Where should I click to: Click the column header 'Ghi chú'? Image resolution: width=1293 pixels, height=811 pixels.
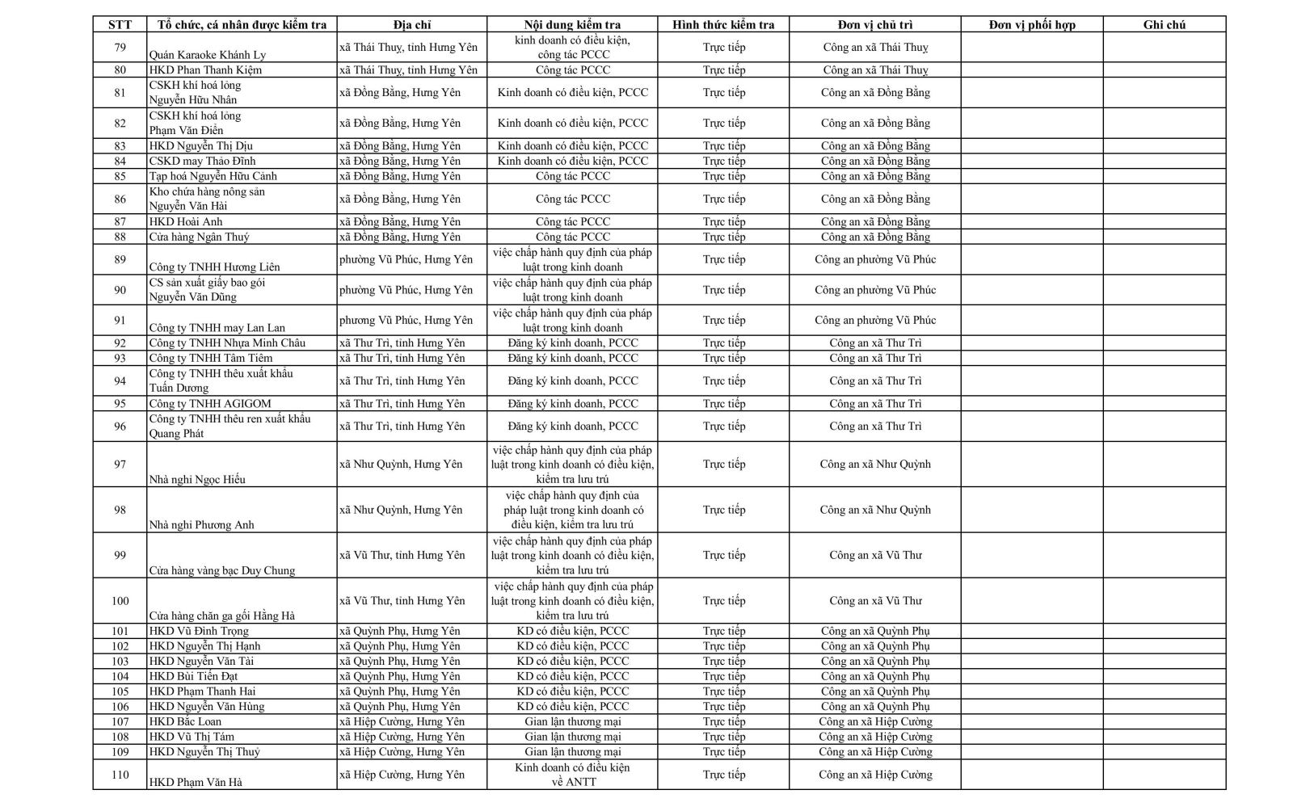point(1164,25)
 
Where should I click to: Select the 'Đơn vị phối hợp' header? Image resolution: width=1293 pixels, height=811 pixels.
point(1032,25)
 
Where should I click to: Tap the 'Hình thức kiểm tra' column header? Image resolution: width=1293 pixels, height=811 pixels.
point(723,25)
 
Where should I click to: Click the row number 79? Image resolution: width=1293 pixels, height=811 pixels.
point(120,48)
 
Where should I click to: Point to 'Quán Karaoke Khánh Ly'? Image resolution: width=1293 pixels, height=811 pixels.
point(208,55)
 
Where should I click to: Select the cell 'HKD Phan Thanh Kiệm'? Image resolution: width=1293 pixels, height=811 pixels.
point(205,70)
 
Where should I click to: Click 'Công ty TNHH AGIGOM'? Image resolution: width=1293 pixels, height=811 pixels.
point(210,404)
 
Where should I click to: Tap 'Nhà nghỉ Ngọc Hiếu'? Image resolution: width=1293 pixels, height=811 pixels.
point(197,480)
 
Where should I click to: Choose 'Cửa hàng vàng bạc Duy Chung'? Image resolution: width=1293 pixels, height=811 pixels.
point(222,570)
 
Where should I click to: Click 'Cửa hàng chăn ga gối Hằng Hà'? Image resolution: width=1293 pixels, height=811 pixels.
point(222,616)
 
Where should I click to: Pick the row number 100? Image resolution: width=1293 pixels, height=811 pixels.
point(120,601)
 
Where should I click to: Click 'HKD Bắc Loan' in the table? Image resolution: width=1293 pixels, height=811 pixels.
point(185,722)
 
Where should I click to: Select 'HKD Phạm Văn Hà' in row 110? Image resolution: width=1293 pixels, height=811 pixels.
point(196,783)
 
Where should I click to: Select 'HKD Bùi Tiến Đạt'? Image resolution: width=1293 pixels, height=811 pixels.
point(193,677)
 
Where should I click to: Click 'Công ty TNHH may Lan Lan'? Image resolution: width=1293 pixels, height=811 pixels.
point(217,328)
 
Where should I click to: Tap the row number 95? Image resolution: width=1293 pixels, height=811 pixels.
point(120,404)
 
